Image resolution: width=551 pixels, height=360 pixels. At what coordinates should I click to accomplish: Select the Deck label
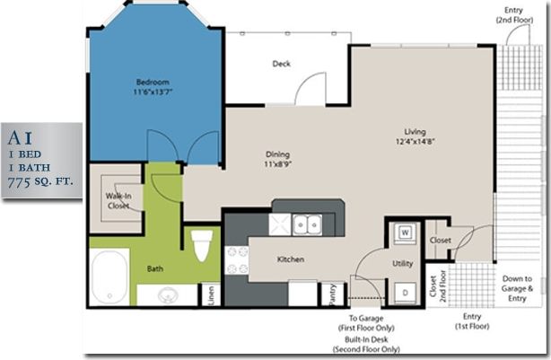(x=280, y=64)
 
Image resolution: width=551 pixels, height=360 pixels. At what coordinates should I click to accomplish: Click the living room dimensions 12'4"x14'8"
(x=414, y=141)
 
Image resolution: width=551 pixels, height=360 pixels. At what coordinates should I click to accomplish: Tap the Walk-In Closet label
(x=118, y=199)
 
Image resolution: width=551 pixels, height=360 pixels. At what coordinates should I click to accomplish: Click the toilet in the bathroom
(x=202, y=245)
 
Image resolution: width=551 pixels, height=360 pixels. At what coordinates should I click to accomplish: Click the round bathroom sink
(x=167, y=294)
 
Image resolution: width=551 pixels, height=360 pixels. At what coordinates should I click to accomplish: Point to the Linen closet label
(x=212, y=295)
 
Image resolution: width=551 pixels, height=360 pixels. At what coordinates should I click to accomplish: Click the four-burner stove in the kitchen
(x=235, y=260)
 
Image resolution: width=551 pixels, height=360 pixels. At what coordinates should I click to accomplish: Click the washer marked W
(x=404, y=233)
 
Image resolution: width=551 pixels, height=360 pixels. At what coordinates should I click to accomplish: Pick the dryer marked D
(x=404, y=292)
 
